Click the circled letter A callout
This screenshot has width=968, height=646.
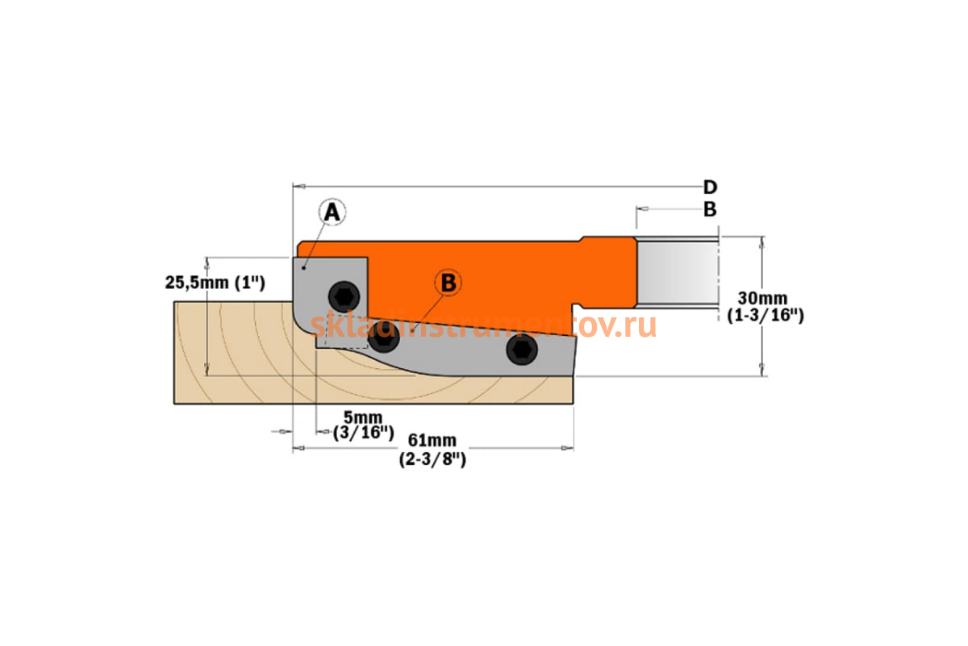click(x=332, y=212)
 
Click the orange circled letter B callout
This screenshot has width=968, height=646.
click(x=449, y=283)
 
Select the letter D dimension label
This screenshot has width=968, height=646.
click(x=711, y=187)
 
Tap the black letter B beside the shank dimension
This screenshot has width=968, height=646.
click(x=710, y=209)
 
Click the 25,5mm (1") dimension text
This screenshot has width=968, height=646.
click(x=215, y=283)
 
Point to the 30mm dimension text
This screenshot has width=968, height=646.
click(x=763, y=298)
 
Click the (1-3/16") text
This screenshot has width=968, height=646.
click(x=766, y=316)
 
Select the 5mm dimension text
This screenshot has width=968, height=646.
click(x=363, y=417)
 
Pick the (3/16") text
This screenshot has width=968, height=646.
click(x=364, y=433)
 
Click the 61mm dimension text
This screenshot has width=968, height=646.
click(x=432, y=440)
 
